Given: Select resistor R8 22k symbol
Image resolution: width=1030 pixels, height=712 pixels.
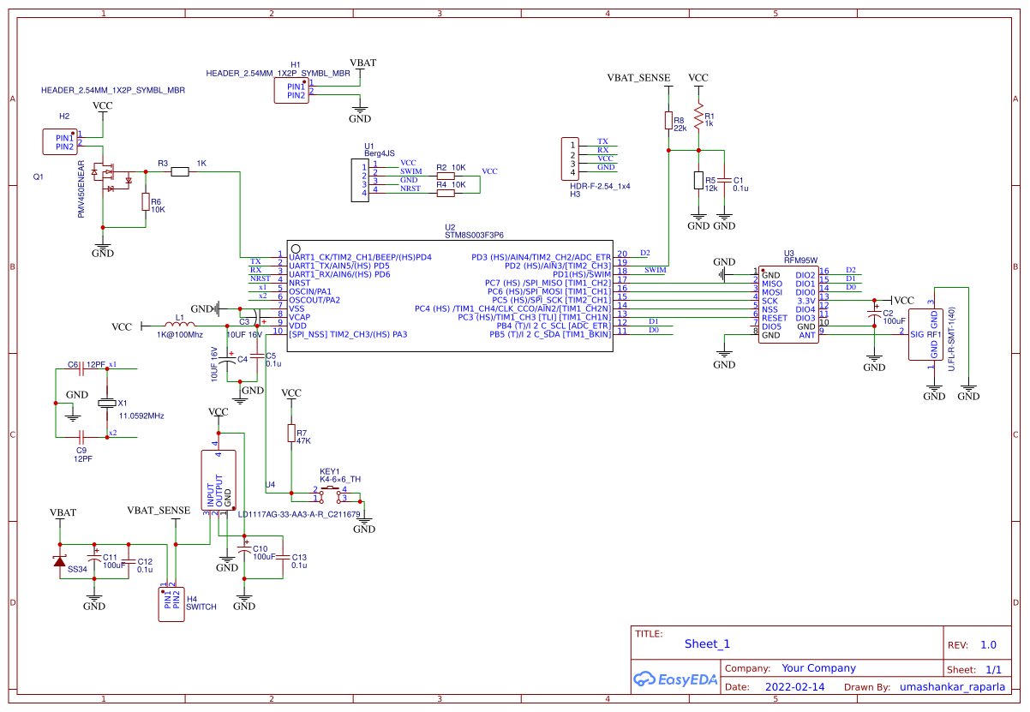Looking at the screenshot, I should coord(668,121).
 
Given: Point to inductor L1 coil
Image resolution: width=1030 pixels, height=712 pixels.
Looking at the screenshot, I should coord(179,326).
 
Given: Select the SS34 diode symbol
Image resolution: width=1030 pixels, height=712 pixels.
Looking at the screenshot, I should coord(59,560).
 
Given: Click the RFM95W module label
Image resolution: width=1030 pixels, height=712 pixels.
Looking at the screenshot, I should coord(800,260).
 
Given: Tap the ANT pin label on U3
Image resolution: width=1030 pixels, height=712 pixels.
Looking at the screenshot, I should coord(806,335).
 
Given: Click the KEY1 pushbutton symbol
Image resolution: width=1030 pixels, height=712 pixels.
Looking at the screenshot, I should coord(330,493).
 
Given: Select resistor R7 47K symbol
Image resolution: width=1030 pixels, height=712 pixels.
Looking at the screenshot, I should coord(291,434).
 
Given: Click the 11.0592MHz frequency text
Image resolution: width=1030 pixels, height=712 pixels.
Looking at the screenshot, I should coord(141,416).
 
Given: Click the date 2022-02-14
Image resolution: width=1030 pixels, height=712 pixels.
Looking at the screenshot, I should coord(794,687).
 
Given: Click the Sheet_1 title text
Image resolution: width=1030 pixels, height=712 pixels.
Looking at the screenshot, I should coord(707,644).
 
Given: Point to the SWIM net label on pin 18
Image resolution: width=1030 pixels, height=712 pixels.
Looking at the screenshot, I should coord(655,270).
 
